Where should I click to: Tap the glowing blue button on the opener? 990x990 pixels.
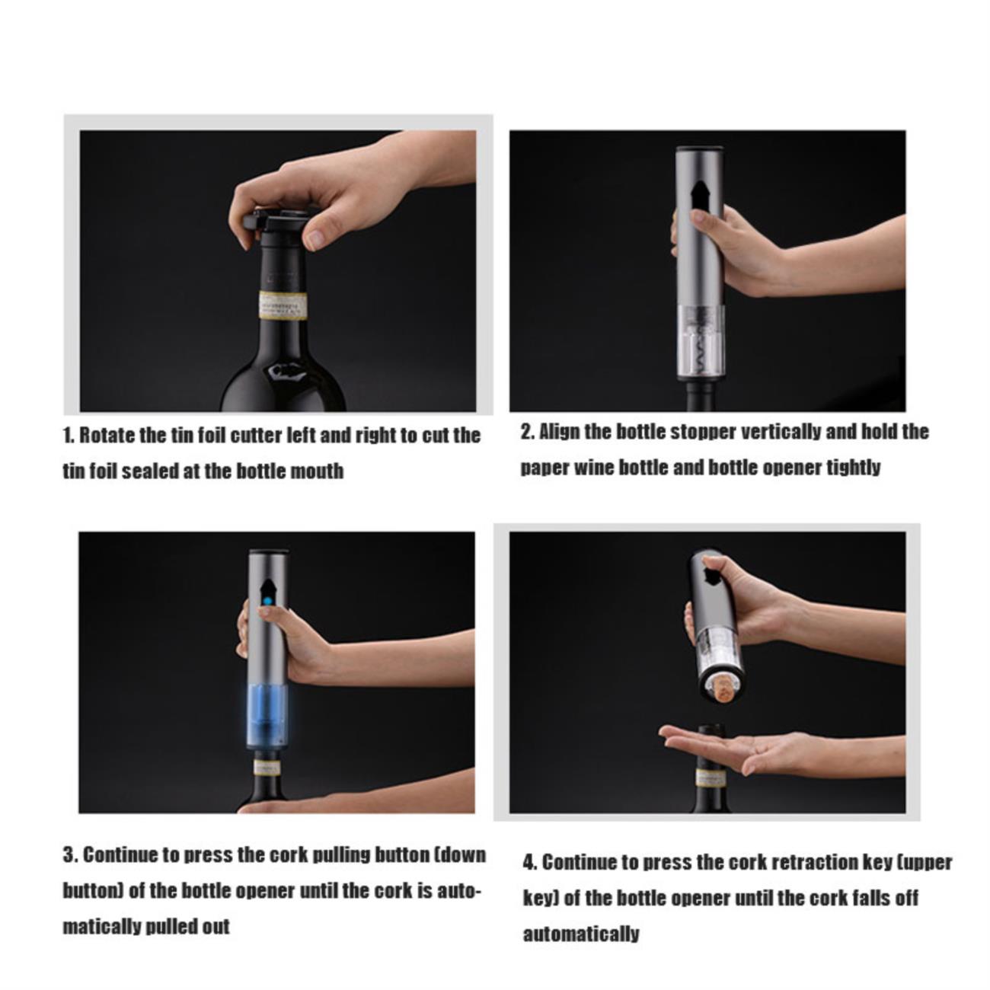pos(267,602)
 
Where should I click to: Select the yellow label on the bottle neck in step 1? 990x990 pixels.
pos(282,305)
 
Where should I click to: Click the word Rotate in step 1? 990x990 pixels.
pos(106,436)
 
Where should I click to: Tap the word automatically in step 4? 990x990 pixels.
pos(581,934)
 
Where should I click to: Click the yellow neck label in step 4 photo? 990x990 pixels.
pos(711,778)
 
